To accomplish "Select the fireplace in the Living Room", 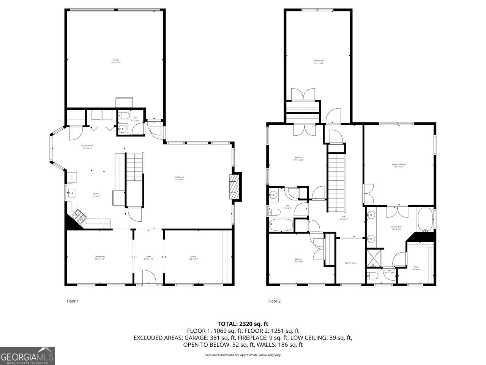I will [235, 186].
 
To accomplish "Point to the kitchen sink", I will [71, 193].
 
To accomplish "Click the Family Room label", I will [319, 61].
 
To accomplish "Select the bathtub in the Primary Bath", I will [426, 219].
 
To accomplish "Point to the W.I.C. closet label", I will [416, 268].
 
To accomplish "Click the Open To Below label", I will [350, 263].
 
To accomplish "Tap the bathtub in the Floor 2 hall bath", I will [281, 225].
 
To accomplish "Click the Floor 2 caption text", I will [274, 301].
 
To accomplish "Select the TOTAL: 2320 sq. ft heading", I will [243, 324].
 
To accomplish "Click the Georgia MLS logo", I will [27, 356].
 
